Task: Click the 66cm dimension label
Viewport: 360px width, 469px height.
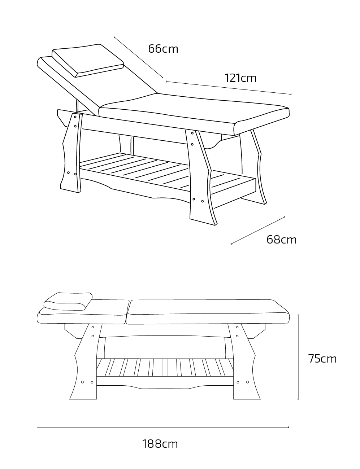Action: (x=163, y=49)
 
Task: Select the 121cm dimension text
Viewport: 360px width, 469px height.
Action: (x=240, y=78)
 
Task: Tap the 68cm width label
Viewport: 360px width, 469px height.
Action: (x=281, y=240)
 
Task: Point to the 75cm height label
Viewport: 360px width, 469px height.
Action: (x=322, y=359)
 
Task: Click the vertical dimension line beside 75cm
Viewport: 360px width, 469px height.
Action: (x=298, y=357)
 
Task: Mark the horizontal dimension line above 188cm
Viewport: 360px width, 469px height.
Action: (x=163, y=428)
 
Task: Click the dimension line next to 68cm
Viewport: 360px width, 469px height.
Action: (x=258, y=230)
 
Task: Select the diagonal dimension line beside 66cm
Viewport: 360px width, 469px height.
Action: (x=138, y=57)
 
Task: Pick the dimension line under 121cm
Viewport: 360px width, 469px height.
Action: (x=229, y=88)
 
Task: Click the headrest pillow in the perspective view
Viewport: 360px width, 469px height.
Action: (x=88, y=61)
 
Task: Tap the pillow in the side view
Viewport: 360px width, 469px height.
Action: (x=68, y=302)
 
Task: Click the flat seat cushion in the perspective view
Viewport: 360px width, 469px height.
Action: (x=194, y=114)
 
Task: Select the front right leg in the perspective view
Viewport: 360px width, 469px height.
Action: (x=201, y=177)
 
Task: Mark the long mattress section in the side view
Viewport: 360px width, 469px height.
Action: (x=208, y=312)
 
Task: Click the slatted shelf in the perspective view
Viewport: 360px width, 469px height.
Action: (x=168, y=173)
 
